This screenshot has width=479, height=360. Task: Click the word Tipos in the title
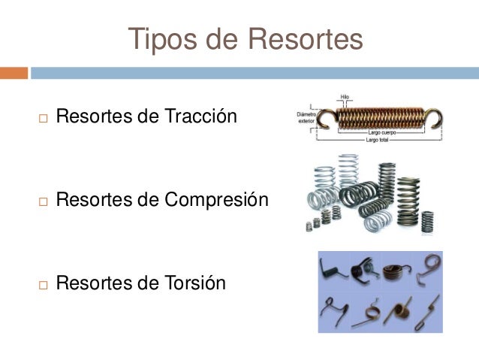(164, 40)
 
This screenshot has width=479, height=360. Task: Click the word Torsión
(194, 283)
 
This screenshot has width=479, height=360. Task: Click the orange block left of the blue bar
(14, 73)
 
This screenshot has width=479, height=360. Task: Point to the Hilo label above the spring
(345, 98)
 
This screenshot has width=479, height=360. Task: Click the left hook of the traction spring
(325, 118)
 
